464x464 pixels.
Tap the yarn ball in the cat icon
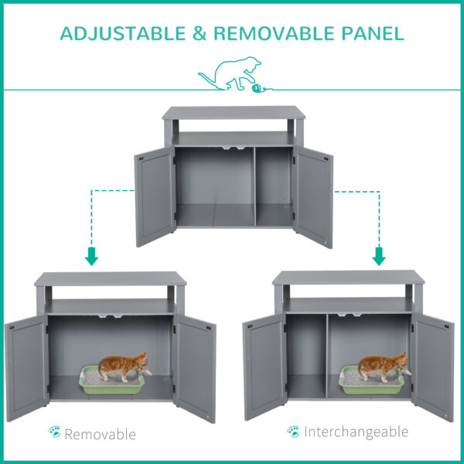[256, 89]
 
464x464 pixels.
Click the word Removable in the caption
[100, 434]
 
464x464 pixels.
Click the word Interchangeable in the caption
[356, 432]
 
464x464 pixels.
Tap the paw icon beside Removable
[53, 433]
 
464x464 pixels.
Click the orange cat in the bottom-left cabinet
[124, 367]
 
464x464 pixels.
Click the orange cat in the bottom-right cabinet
[383, 367]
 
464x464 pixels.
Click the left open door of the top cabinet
[154, 197]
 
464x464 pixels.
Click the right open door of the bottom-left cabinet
[194, 368]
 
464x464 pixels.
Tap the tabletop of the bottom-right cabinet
[349, 277]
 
